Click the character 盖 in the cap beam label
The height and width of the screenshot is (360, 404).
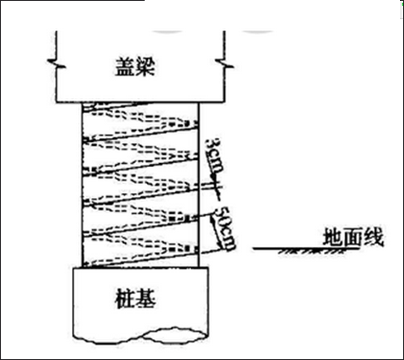124,66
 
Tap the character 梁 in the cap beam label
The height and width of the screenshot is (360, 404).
145,66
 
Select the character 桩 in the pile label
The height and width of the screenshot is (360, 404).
124,299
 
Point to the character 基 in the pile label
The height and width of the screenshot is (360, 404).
145,299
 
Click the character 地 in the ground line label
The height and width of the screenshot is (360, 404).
333,237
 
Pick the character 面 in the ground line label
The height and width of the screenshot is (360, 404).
353,237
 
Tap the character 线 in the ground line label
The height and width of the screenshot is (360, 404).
373,237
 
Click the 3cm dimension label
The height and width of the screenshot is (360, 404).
214,156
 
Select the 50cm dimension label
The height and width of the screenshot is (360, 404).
225,228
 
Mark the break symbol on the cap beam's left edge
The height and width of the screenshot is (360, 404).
57,64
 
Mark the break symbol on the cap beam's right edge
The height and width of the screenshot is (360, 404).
225,64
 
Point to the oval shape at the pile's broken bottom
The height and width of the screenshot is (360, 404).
175,335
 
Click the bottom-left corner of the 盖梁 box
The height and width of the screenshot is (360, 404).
57,102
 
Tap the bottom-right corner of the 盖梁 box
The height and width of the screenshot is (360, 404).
224,102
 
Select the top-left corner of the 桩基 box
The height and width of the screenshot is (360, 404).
74,268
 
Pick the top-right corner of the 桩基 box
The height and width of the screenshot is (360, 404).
208,268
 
